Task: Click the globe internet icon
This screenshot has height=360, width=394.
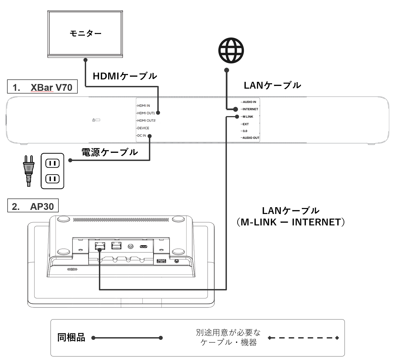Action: (x=231, y=51)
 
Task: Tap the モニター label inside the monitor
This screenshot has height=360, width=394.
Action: (x=85, y=33)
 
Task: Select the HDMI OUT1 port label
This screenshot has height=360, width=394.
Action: (x=146, y=113)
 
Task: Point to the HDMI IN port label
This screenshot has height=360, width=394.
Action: (x=143, y=106)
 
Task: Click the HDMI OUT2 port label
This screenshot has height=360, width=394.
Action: (x=146, y=121)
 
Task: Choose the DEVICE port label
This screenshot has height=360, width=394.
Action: (x=143, y=128)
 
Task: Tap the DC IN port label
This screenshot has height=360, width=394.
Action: (x=142, y=136)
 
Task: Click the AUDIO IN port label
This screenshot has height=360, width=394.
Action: (x=249, y=102)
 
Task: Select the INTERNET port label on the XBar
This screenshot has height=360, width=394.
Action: (x=250, y=109)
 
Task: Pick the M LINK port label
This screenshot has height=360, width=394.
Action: (x=248, y=117)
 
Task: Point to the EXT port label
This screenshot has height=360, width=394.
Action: (x=246, y=124)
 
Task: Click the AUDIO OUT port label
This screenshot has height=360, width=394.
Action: (x=251, y=138)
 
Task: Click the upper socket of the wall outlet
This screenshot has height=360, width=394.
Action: (x=52, y=163)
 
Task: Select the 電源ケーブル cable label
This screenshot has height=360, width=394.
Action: (x=110, y=152)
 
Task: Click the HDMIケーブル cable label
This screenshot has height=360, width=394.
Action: (x=125, y=76)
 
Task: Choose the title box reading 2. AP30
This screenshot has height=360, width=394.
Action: (x=33, y=207)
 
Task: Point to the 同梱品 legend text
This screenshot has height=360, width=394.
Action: (x=71, y=338)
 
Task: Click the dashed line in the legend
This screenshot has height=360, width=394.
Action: (x=303, y=338)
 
